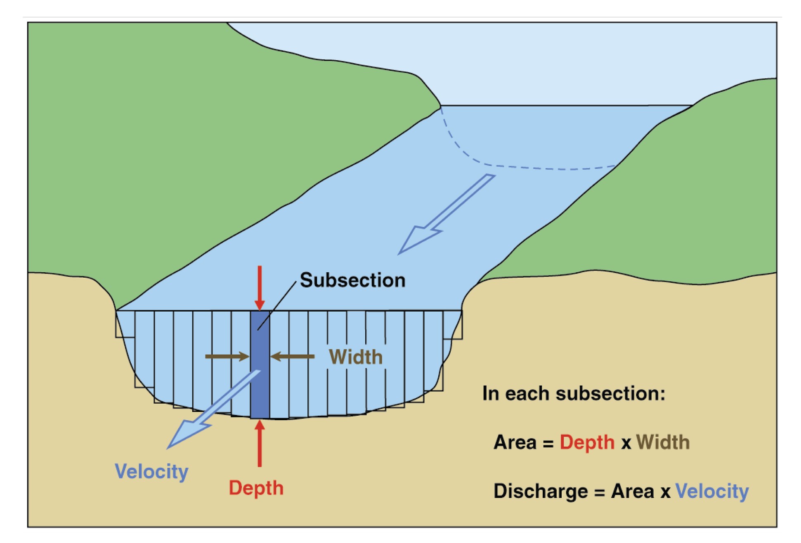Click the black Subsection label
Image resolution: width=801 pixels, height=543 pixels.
tap(352, 280)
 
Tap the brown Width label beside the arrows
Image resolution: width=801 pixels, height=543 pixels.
tap(356, 357)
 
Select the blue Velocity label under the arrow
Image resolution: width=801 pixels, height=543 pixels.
tap(151, 472)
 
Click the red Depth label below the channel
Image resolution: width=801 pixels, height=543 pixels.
tap(256, 488)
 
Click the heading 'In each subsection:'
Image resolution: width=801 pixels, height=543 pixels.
tap(574, 393)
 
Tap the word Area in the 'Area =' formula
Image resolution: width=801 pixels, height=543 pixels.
tap(515, 443)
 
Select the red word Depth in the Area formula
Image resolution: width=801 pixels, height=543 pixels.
tap(587, 443)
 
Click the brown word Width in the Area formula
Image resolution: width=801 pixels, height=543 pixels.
tap(663, 443)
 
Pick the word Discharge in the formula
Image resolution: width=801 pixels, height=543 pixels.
tap(540, 491)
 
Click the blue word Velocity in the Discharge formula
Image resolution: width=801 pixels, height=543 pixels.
tap(712, 491)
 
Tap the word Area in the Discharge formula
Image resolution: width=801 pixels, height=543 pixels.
tap(632, 491)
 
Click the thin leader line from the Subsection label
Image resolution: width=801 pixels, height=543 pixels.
tap(276, 306)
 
